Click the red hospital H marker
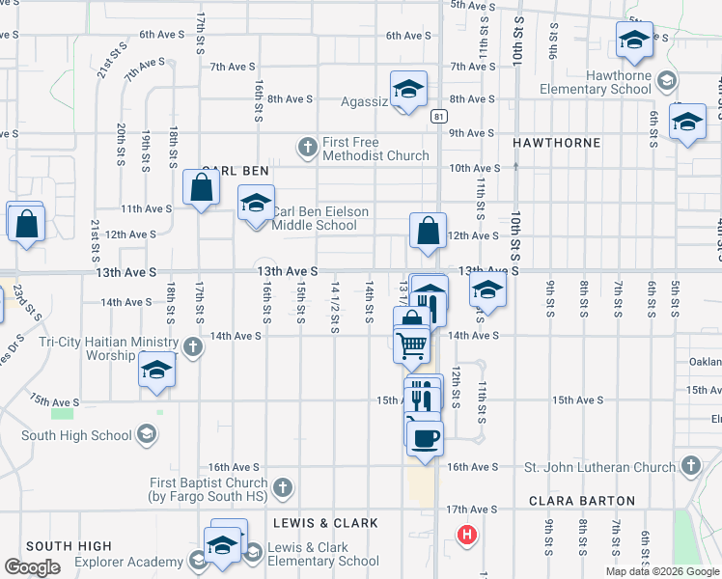coord(467,534)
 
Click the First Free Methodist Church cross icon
coord(307,148)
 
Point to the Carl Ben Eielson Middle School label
coord(315,218)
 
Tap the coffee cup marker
coord(424,439)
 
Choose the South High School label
coord(76,435)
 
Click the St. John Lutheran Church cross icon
coord(689,467)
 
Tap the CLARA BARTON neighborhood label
coord(581,501)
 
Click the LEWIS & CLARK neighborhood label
coord(325,523)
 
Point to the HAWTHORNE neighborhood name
coord(556,142)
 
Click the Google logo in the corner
coord(32,567)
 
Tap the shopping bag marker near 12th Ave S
coord(428,232)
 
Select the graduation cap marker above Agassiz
coord(408,89)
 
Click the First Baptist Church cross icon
coord(283,486)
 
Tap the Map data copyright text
coord(662,571)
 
